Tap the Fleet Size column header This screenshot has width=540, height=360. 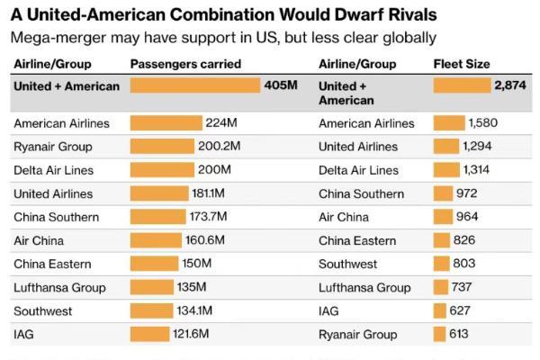[461, 64]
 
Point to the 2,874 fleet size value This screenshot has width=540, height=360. [509, 85]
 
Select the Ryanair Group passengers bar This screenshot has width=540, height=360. [161, 147]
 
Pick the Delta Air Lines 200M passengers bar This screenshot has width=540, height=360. [161, 170]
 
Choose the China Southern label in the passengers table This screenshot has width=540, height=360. [56, 217]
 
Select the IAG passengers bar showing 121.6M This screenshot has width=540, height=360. [149, 334]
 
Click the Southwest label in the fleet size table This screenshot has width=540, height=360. [347, 264]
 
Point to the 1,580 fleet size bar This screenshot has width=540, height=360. [448, 123]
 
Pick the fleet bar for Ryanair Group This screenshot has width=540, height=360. [439, 334]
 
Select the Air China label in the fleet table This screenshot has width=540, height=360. [344, 217]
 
